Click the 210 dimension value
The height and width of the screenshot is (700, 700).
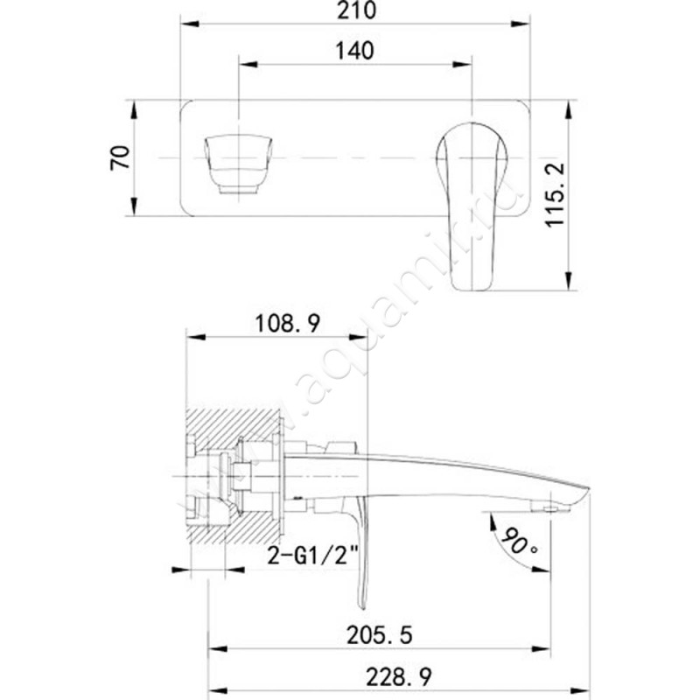tap(356, 10)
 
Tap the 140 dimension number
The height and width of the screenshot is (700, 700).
tap(355, 51)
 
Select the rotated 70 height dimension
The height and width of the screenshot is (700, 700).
tap(121, 157)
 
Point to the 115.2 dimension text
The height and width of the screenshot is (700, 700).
tap(555, 195)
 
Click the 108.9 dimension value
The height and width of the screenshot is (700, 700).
tap(288, 323)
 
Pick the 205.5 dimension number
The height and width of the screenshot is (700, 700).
tap(380, 635)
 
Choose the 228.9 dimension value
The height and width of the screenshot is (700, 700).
tap(399, 676)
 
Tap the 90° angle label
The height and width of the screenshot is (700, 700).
tap(519, 541)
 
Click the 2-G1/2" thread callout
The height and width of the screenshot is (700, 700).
tap(313, 556)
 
